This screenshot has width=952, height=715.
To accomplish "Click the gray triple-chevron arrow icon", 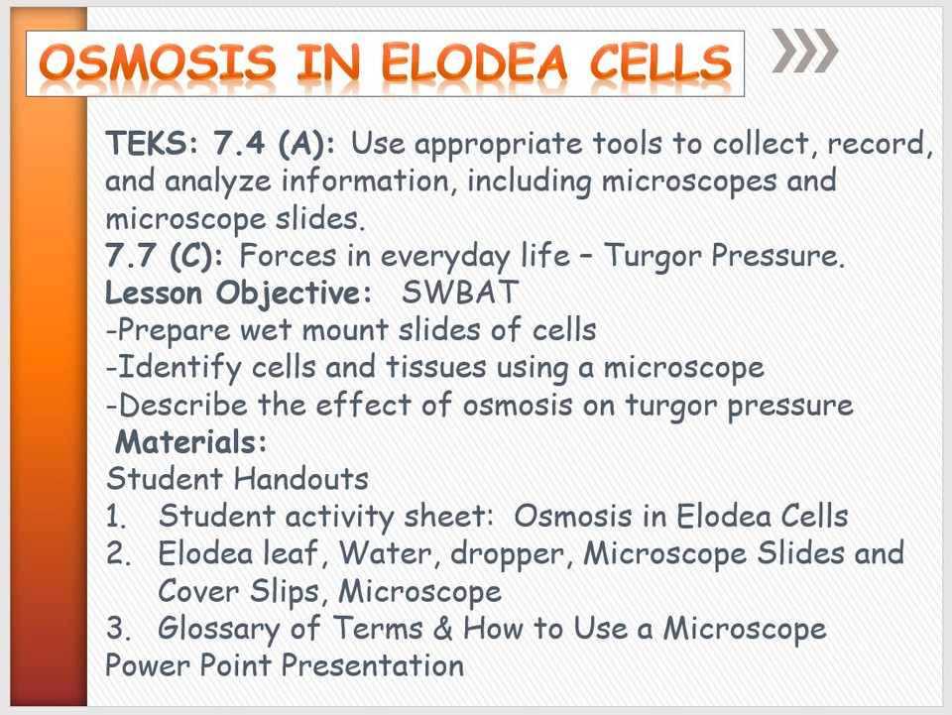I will coord(805,52).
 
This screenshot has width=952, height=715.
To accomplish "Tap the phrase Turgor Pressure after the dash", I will coord(724,256).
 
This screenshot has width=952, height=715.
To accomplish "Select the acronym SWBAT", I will coord(461,294).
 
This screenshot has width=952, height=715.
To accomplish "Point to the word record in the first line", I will coord(869,145).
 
